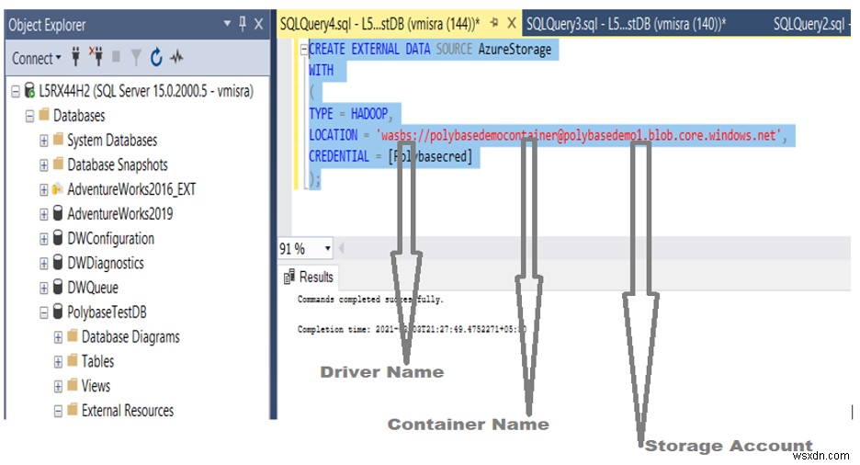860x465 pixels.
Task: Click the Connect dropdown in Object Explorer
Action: (36, 58)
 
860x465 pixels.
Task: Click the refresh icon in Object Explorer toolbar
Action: (156, 58)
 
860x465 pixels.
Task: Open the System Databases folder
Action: (111, 141)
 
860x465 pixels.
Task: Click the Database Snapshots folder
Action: (117, 165)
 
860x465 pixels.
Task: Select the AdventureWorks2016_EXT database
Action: (130, 189)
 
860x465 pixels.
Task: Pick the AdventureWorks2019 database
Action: (119, 214)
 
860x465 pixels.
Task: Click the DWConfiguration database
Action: (110, 239)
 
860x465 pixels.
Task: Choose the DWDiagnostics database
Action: (105, 263)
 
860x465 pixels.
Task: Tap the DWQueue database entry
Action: (92, 288)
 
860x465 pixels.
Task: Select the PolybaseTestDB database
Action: (106, 312)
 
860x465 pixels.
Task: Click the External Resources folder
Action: (127, 411)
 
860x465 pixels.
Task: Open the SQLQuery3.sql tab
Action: (625, 25)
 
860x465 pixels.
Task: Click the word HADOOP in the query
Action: (368, 114)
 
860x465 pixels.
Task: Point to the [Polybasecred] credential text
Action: (431, 157)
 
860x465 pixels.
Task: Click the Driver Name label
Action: (381, 372)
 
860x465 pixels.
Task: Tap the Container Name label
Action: (468, 425)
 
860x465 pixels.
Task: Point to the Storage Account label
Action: (728, 447)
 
